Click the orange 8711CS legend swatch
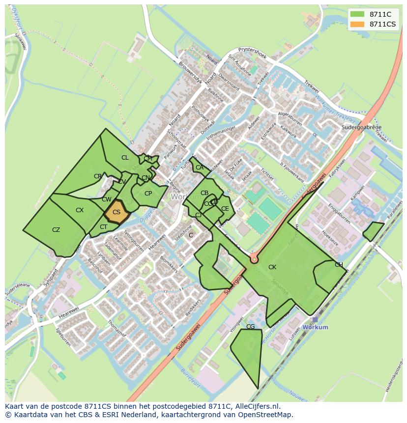pyautogui.click(x=358, y=24)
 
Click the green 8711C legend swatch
pyautogui.click(x=358, y=14)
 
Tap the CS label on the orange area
pyautogui.click(x=116, y=212)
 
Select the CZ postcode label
pyautogui.click(x=56, y=230)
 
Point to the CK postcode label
pyautogui.click(x=272, y=267)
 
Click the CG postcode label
pyautogui.click(x=250, y=327)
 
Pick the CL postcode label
pyautogui.click(x=125, y=158)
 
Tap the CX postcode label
pyautogui.click(x=80, y=210)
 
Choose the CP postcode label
pyautogui.click(x=148, y=194)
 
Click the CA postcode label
pyautogui.click(x=199, y=168)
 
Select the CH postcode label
pyautogui.click(x=339, y=265)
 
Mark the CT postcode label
pyautogui.click(x=103, y=227)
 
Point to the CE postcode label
pyautogui.click(x=225, y=209)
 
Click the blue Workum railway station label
pyautogui.click(x=316, y=327)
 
